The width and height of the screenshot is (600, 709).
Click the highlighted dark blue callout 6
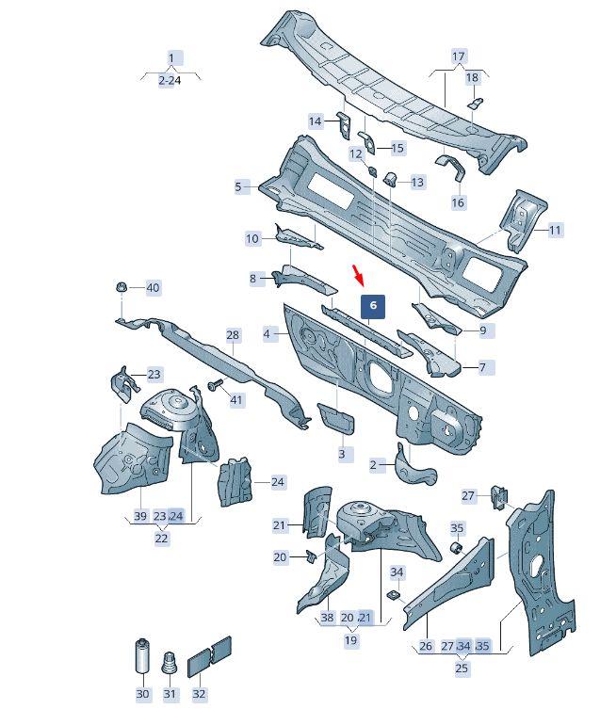(x=372, y=307)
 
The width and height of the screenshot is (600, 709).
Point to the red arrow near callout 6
(x=358, y=275)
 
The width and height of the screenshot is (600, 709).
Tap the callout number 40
(x=153, y=287)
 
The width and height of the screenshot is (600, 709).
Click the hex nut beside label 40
(x=122, y=286)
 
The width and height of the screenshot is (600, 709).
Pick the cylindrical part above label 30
(x=142, y=655)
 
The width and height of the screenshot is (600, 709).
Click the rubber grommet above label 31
(x=169, y=663)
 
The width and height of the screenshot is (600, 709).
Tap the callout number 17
(x=459, y=56)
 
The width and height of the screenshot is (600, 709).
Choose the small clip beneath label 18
(x=475, y=104)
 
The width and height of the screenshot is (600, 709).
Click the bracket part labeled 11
(x=523, y=219)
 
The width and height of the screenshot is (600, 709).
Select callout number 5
(x=238, y=186)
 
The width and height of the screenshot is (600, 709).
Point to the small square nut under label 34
(x=395, y=595)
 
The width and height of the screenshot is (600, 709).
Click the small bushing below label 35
(x=456, y=549)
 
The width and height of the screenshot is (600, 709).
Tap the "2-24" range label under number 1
(x=170, y=80)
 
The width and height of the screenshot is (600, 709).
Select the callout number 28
(x=233, y=335)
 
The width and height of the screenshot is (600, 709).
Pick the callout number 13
(x=417, y=183)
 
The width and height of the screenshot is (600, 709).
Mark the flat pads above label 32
(x=209, y=657)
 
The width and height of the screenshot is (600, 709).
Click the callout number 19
(x=350, y=640)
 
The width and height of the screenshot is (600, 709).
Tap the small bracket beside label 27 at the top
(x=498, y=497)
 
